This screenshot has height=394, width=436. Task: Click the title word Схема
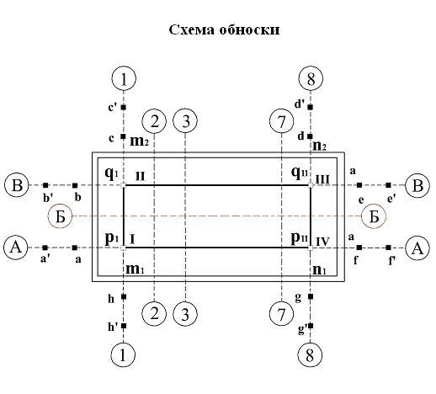[191, 29]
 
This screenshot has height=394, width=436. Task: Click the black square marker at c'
[124, 107]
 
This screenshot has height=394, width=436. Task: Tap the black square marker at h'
[124, 326]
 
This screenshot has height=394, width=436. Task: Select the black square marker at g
[311, 296]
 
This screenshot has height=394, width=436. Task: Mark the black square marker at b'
[45, 185]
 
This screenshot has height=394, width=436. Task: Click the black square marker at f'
[388, 248]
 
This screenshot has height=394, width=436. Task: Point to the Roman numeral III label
[322, 179]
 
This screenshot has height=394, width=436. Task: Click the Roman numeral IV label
[322, 242]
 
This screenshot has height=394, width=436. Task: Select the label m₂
[139, 141]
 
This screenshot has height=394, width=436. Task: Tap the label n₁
[319, 269]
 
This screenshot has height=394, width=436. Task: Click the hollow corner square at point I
[123, 248]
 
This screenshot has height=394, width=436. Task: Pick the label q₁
[112, 174]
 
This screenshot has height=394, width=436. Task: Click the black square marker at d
[310, 136]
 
